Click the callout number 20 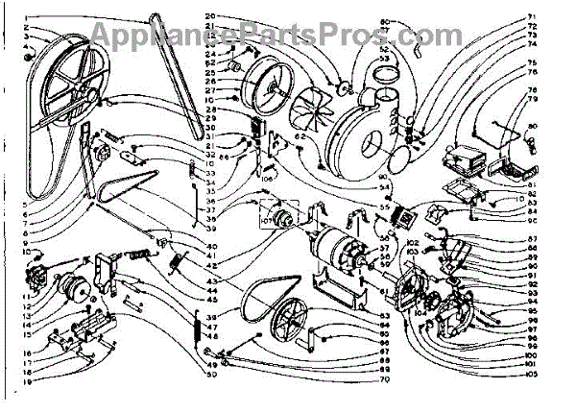coord(211,16)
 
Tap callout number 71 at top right coord(557,17)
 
